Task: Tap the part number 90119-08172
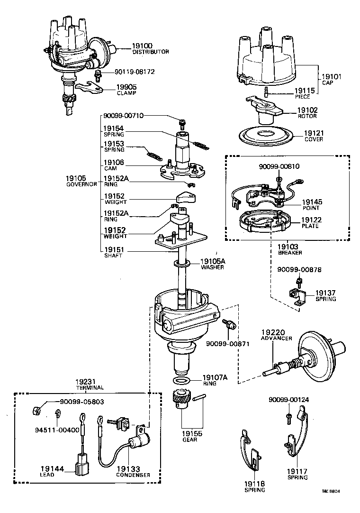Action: [135, 72]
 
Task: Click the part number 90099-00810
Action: [279, 166]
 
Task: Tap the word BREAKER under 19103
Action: [290, 253]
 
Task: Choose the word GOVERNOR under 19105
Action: [81, 184]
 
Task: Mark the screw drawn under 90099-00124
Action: [289, 417]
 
